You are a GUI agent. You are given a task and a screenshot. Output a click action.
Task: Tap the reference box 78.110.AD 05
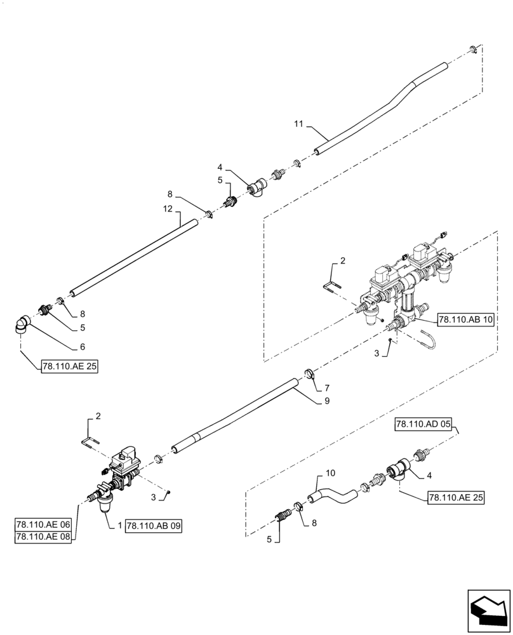[425, 425]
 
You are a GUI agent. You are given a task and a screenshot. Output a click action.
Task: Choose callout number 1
[119, 525]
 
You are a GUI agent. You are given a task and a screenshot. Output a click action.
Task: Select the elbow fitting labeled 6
[23, 328]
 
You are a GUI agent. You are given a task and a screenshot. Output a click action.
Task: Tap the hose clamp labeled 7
[310, 375]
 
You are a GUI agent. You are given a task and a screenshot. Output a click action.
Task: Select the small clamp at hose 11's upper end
[473, 49]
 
